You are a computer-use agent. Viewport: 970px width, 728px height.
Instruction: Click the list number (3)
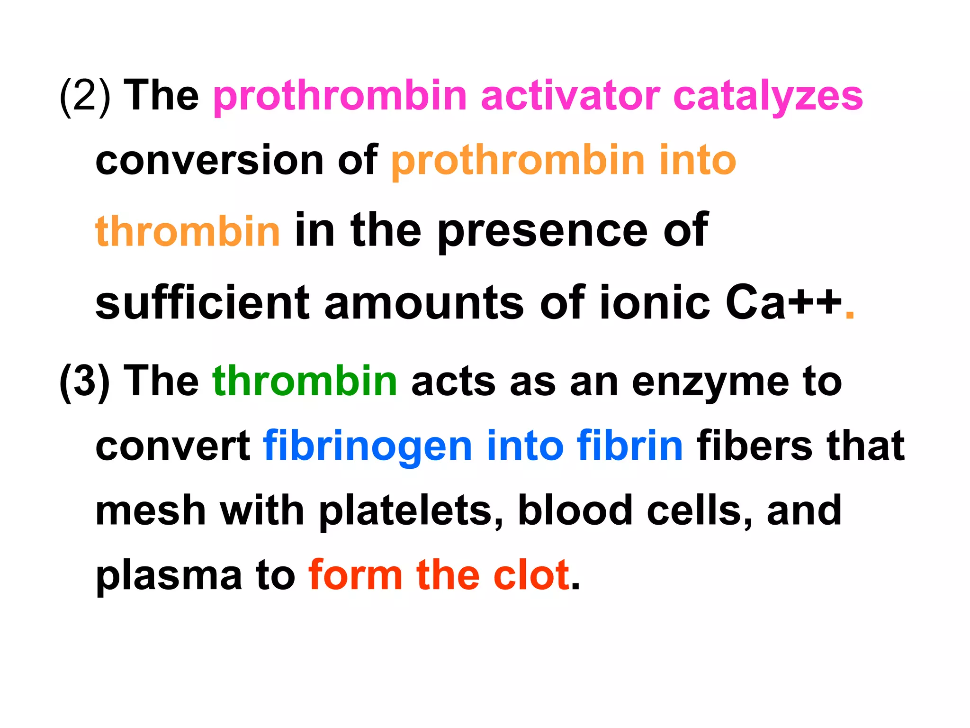click(85, 382)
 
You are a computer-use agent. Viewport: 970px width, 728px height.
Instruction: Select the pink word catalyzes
click(768, 97)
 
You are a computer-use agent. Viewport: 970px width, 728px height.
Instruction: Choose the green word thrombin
click(305, 381)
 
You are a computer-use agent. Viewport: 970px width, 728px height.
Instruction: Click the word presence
click(542, 232)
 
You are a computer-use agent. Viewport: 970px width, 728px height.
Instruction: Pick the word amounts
click(424, 303)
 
